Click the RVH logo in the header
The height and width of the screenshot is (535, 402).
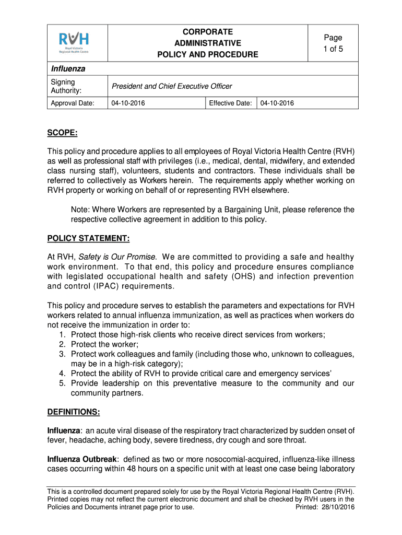pos(74,42)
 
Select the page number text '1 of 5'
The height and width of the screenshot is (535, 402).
pos(333,49)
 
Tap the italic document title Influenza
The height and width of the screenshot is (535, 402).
pos(68,69)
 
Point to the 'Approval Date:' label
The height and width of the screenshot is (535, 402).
pos(72,103)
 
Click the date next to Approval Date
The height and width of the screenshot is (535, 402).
pos(128,103)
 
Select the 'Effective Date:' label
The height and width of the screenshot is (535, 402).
pos(230,103)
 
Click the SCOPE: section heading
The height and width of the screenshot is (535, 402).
pos(63,134)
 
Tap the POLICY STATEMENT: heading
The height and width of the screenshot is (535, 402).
pos(88,239)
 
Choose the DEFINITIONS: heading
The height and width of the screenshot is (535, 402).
pos(74,412)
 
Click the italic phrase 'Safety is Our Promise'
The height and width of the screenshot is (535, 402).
pos(117,257)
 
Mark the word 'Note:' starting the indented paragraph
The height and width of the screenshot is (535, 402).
pos(80,210)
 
